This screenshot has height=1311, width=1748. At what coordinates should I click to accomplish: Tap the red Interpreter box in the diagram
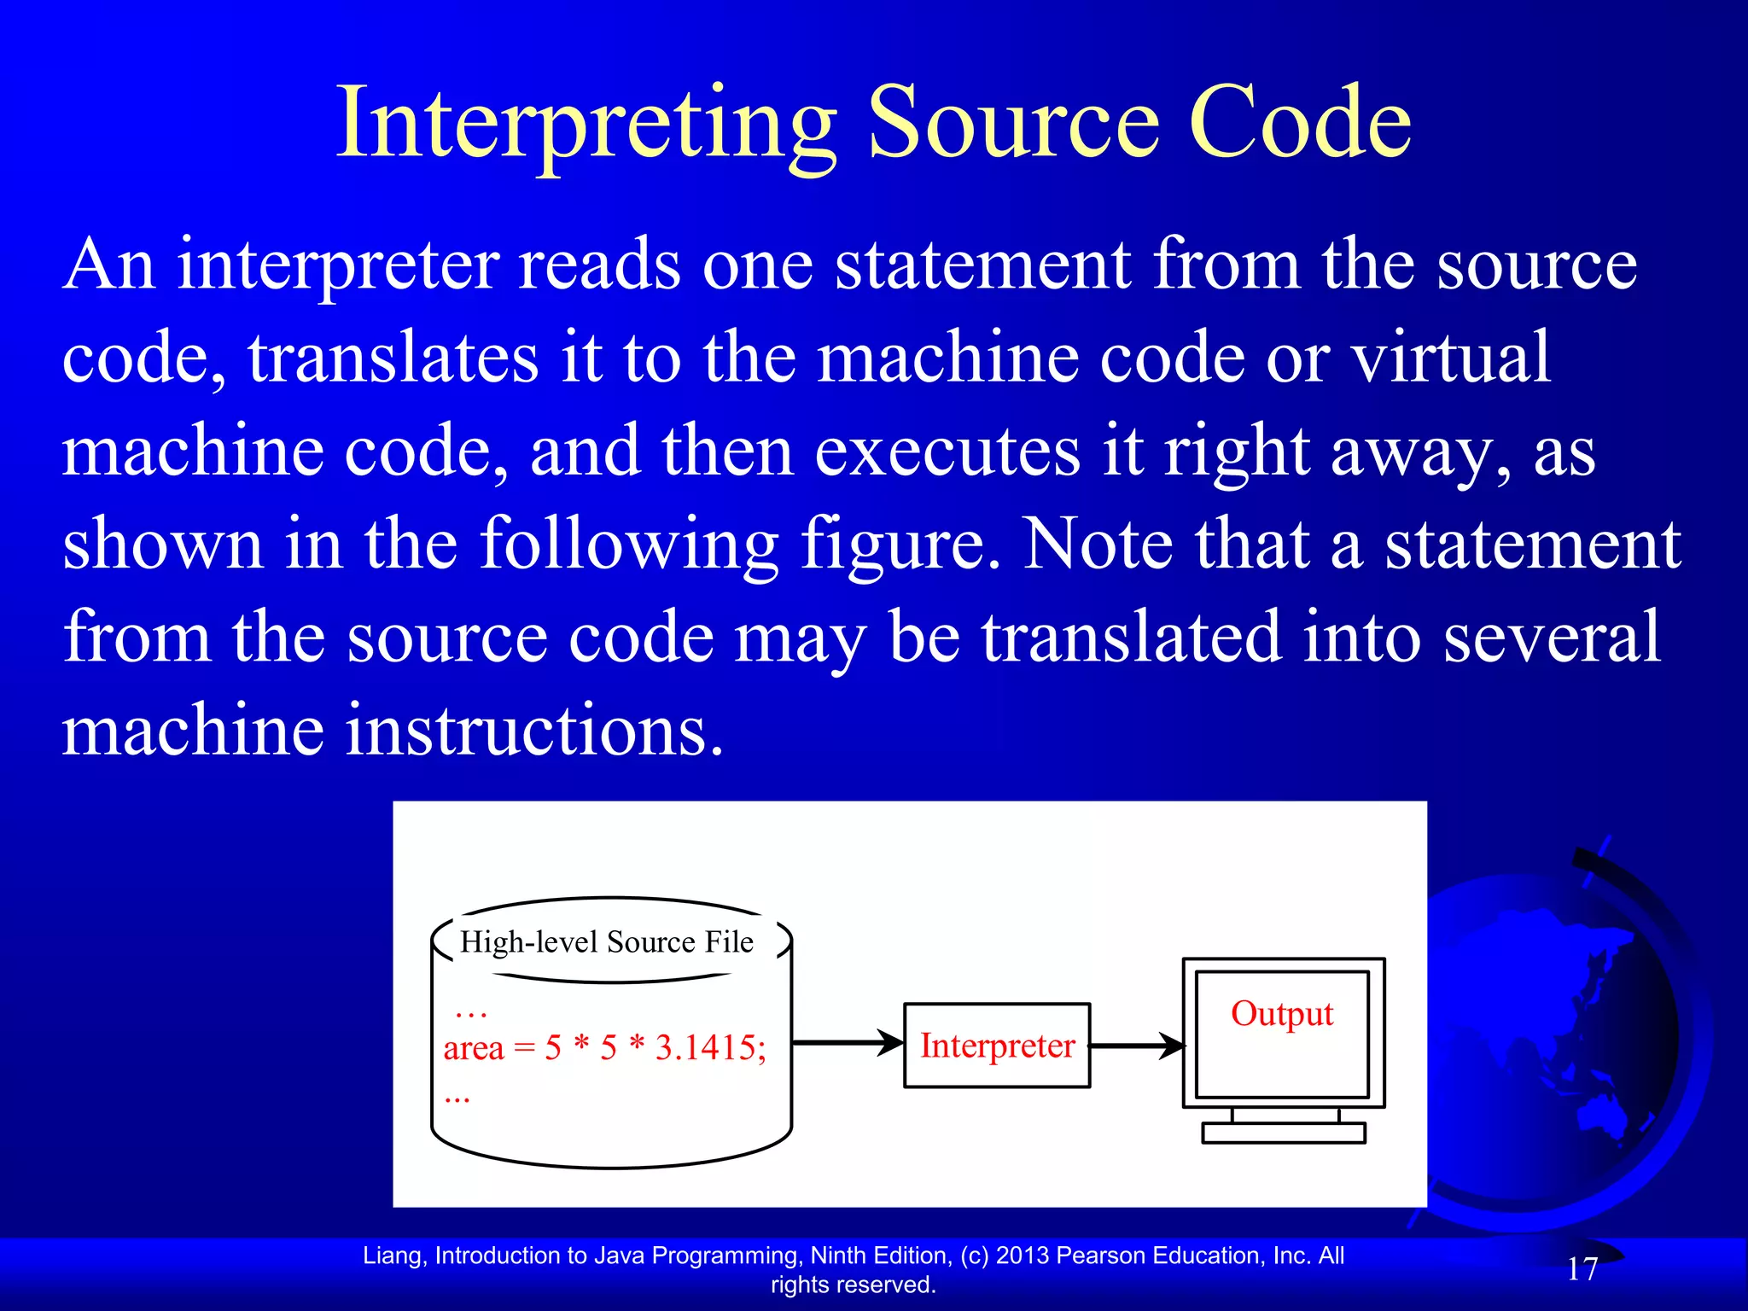(997, 1046)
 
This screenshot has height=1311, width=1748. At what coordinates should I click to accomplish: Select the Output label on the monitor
(1282, 1014)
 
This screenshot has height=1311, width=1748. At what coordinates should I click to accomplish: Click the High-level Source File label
(607, 942)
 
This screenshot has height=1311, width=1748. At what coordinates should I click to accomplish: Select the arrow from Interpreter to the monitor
(1137, 1046)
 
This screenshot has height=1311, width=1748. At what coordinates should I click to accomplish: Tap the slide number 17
(1582, 1269)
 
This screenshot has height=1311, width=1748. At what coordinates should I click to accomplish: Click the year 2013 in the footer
(1022, 1256)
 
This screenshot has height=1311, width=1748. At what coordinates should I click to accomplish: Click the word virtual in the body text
(1451, 358)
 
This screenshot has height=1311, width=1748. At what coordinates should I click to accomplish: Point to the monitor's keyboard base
(1283, 1133)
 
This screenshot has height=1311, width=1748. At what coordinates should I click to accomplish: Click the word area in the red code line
(474, 1048)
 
